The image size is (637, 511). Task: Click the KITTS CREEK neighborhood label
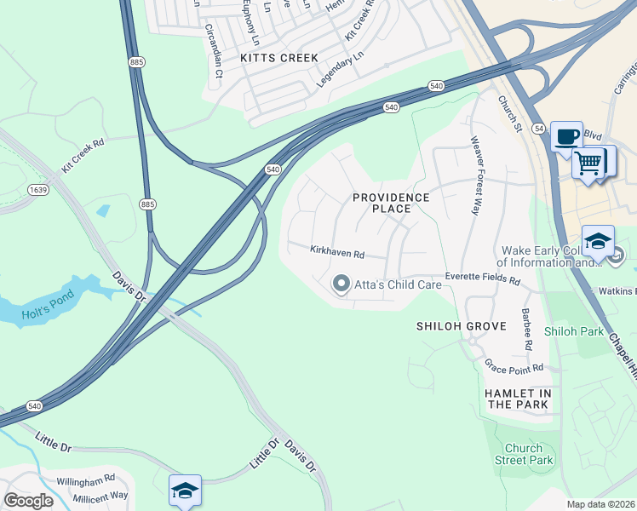coord(278,58)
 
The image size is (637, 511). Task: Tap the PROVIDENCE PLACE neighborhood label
coord(392,203)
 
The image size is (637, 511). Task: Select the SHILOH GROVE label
coord(461,326)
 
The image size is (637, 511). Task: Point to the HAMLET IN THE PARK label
coord(518,399)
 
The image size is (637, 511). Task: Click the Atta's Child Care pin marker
coord(341,284)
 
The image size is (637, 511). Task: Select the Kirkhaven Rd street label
coord(337,254)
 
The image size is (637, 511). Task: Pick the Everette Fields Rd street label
coord(482,279)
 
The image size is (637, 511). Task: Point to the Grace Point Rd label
coord(514,367)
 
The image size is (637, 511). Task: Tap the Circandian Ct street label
coord(213,51)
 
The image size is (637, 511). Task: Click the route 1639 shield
coord(37,189)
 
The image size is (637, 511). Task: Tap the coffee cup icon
coord(566,137)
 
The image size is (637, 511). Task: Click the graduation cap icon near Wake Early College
coord(598,241)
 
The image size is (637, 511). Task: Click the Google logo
coord(28,500)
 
